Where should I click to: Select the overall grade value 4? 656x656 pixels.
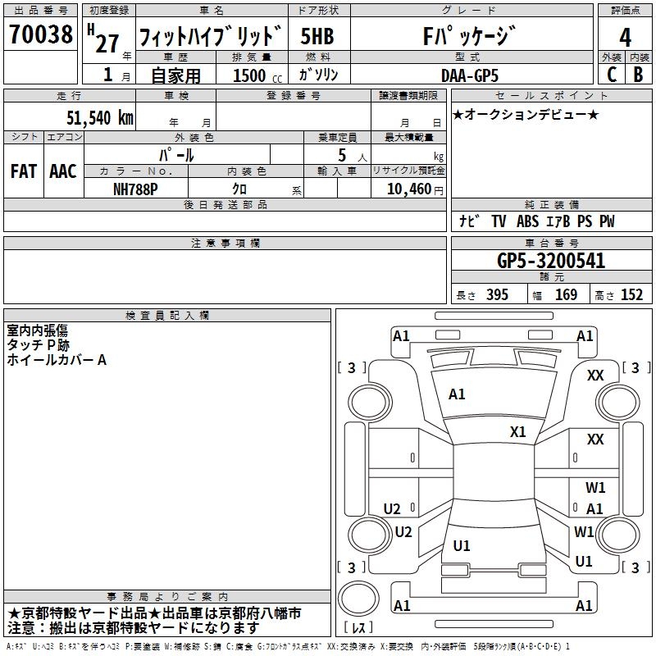point(625,38)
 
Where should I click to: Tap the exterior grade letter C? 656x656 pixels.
point(611,74)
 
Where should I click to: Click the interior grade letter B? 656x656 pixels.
point(639,74)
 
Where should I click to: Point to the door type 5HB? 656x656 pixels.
point(317,37)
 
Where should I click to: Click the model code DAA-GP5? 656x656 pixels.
point(468,75)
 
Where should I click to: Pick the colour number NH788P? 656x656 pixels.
point(136,189)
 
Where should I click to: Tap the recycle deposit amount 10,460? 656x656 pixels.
point(408,189)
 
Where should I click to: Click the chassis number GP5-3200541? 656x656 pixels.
point(551,261)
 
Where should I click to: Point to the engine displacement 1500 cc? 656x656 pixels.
point(254,75)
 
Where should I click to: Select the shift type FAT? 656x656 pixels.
point(23,171)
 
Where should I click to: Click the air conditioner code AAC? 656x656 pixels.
point(62,171)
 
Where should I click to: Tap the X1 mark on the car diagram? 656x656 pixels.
point(517,431)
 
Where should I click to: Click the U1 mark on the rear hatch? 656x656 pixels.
point(462,545)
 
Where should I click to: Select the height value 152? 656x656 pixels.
point(631,295)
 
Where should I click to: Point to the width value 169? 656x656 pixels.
point(566,295)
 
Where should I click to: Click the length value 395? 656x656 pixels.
point(496,295)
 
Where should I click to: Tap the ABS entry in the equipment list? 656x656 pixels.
point(528,221)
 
